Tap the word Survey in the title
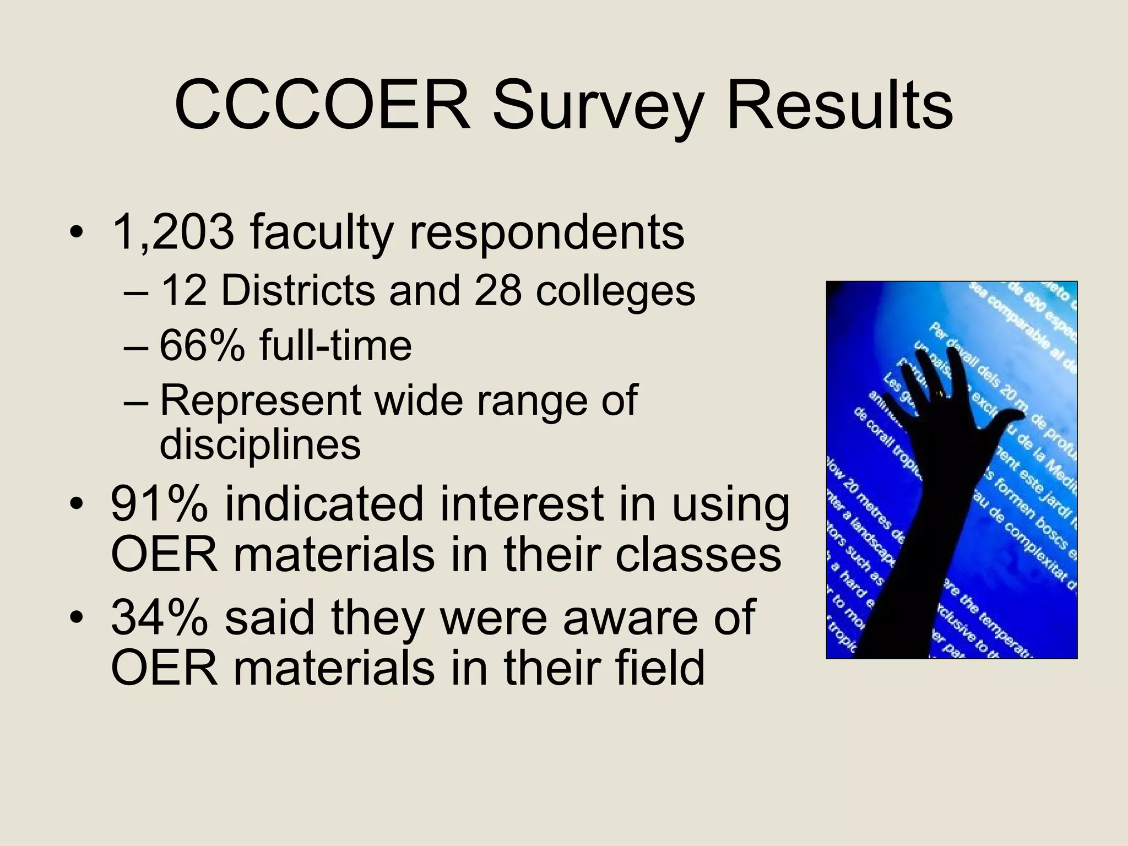(598, 107)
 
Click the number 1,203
(172, 232)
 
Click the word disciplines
(260, 444)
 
